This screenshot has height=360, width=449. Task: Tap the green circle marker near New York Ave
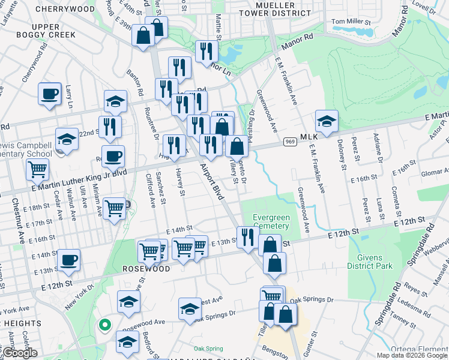click(104, 326)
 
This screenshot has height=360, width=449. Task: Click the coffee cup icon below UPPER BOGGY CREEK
click(50, 93)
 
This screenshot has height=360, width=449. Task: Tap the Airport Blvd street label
click(210, 180)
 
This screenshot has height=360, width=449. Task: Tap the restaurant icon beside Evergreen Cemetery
click(247, 236)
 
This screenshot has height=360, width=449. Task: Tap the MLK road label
click(309, 137)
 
